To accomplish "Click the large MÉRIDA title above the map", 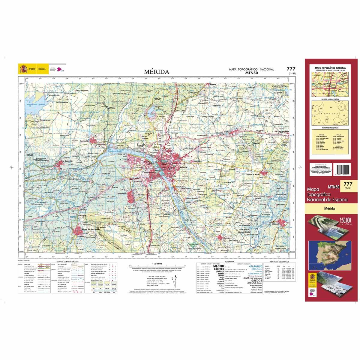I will tap(156, 72).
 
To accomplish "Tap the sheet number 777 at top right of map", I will tap(291, 69).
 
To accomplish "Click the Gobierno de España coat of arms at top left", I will tap(23, 69).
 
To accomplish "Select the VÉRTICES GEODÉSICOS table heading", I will tap(277, 262).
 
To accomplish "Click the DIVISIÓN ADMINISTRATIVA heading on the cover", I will tap(330, 98).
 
